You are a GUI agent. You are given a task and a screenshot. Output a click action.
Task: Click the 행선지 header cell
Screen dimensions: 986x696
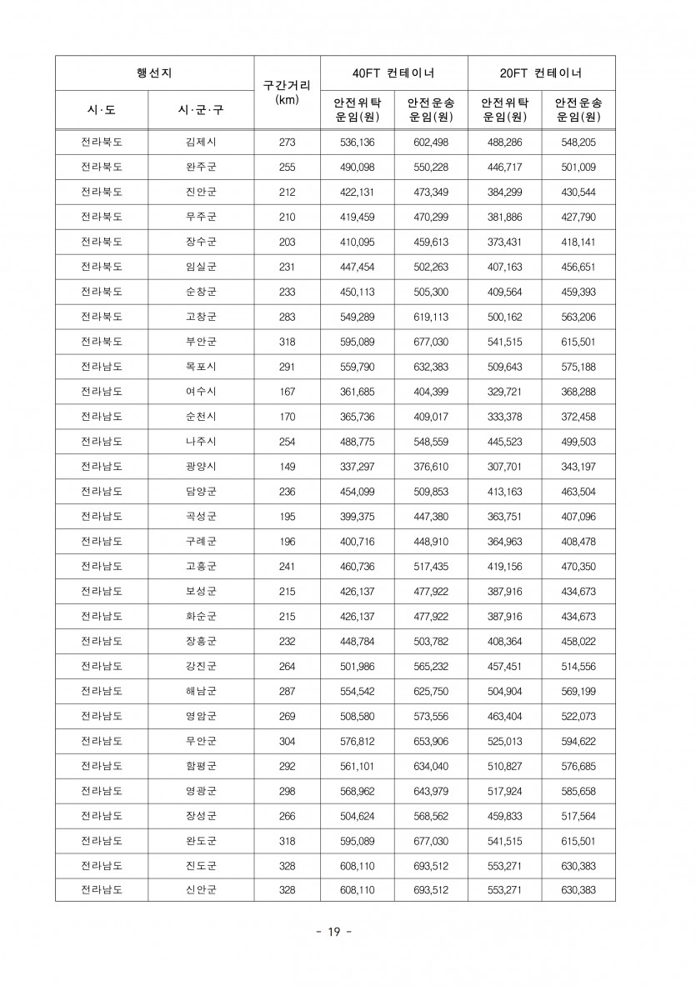pos(154,73)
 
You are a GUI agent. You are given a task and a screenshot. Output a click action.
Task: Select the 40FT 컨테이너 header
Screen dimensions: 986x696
pos(393,73)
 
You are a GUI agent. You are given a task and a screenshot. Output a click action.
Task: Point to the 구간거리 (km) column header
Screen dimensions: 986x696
pos(287,92)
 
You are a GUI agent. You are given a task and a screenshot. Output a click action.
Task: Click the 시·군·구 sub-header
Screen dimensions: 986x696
pos(201,110)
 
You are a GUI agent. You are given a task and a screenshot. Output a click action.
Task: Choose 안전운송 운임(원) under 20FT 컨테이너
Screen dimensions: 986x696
pos(578,110)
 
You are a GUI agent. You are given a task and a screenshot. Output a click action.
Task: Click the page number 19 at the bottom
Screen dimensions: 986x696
pos(333,931)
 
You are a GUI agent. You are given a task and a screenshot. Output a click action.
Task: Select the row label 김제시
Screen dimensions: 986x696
pos(201,143)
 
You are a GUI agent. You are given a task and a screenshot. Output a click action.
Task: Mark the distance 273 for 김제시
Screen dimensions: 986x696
pos(287,143)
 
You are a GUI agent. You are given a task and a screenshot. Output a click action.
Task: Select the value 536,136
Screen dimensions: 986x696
pos(358,143)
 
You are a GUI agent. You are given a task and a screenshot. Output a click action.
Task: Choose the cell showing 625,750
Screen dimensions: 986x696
pos(431,690)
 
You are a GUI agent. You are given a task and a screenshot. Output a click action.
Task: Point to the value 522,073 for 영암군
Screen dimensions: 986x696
pos(578,715)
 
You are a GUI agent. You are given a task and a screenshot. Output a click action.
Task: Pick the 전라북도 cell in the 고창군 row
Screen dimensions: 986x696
pos(102,316)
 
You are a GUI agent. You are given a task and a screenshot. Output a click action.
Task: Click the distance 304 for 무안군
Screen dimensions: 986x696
pos(287,740)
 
